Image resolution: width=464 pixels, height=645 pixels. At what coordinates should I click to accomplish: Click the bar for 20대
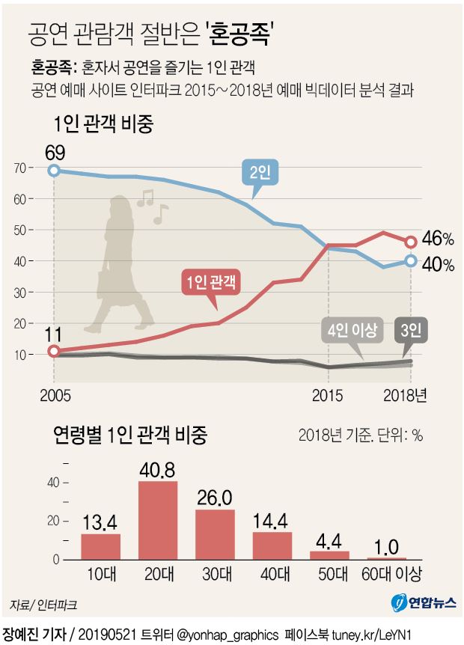click(158, 520)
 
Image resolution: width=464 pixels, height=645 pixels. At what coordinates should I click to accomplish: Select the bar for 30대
click(215, 534)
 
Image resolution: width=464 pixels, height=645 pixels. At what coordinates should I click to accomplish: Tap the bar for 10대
click(100, 546)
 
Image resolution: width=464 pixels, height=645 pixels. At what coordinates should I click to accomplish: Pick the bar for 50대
click(329, 555)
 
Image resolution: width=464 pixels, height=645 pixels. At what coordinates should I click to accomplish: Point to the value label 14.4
click(272, 521)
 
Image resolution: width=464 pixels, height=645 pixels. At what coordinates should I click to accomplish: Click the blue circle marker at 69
click(53, 171)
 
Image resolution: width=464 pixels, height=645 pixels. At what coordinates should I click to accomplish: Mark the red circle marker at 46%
click(411, 242)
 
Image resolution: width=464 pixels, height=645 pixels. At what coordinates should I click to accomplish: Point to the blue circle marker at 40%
click(411, 260)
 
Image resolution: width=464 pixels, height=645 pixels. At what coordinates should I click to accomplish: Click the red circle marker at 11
click(53, 351)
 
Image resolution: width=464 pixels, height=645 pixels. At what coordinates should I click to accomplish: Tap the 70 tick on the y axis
click(22, 168)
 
